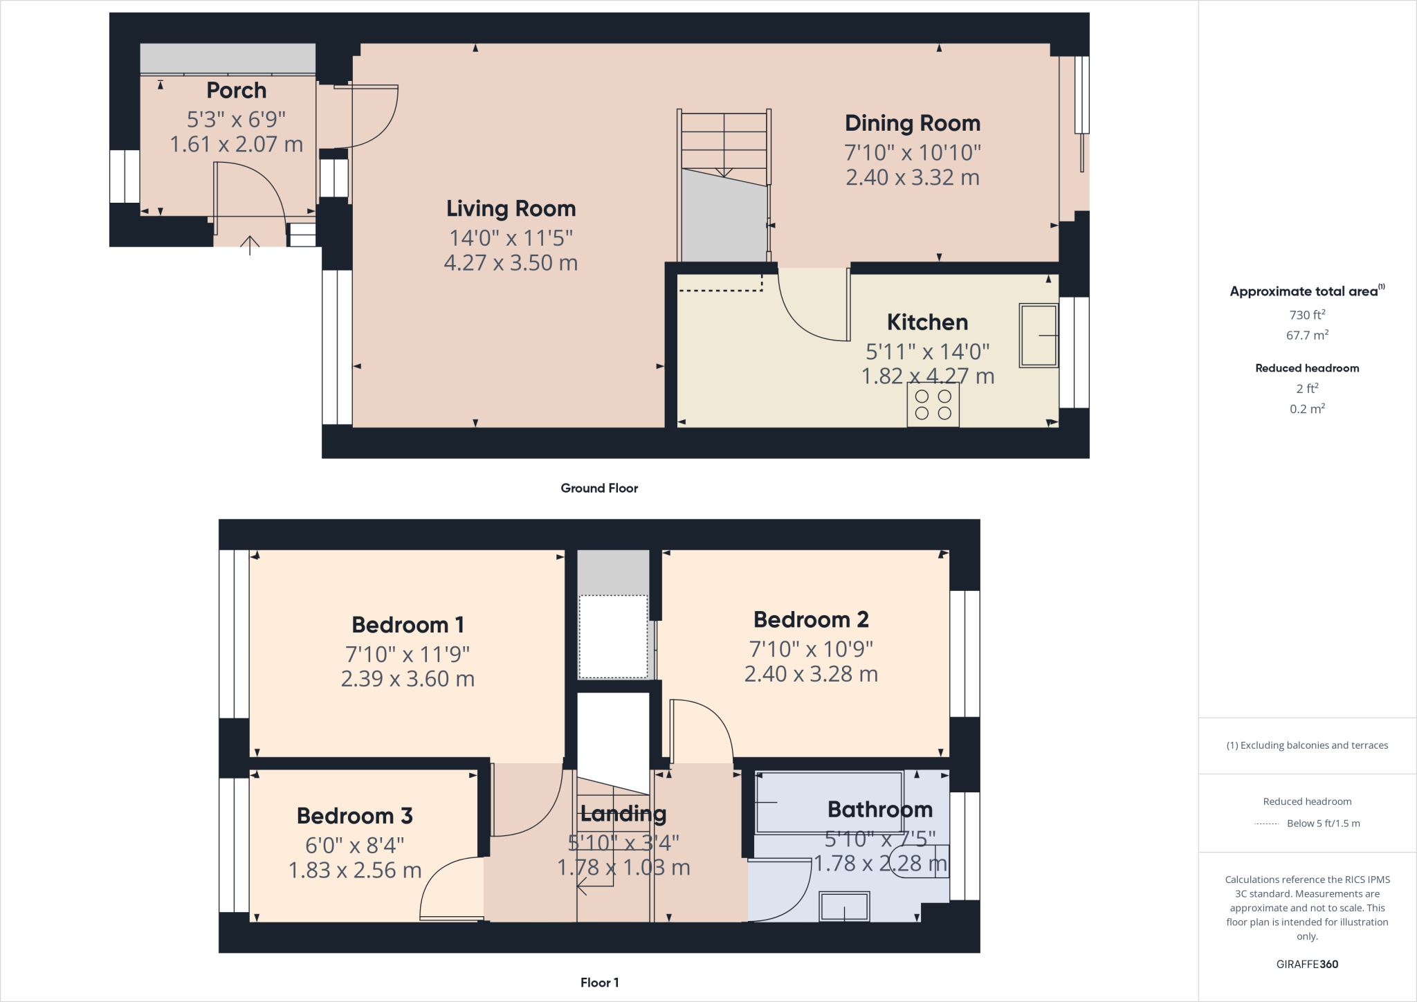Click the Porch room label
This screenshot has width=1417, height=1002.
click(x=236, y=91)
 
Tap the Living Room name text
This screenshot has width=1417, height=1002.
click(x=511, y=208)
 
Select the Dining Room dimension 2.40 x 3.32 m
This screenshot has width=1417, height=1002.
click(x=912, y=178)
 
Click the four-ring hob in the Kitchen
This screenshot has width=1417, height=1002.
click(x=933, y=405)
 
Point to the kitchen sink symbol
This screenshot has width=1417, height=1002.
click(x=1038, y=336)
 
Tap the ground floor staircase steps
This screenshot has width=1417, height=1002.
click(x=724, y=142)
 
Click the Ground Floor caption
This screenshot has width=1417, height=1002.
click(x=599, y=488)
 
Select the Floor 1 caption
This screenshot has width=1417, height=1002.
click(x=599, y=983)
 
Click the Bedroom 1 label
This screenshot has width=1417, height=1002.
click(x=408, y=625)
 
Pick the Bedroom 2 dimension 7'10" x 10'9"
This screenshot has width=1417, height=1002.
click(x=811, y=649)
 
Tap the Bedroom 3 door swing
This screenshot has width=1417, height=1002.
click(x=443, y=882)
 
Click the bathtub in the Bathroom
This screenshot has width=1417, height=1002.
click(x=829, y=803)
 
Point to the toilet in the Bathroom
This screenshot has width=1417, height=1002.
click(x=920, y=862)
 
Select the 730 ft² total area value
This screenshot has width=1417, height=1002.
click(x=1307, y=315)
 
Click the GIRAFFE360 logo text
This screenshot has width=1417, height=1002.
click(x=1307, y=964)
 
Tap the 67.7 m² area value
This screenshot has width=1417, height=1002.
click(x=1307, y=336)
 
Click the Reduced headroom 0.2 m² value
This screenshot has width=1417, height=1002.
click(x=1307, y=409)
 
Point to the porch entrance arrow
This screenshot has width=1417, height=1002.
click(x=250, y=244)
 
